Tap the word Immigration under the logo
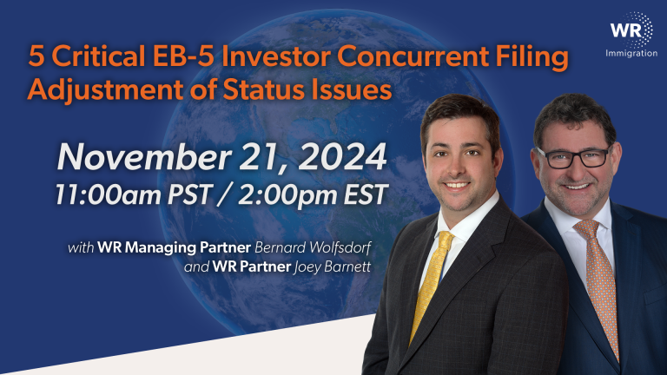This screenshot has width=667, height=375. point(631,54)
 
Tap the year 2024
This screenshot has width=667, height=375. point(346,157)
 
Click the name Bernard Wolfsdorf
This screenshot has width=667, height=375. point(313,247)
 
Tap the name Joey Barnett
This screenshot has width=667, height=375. point(332,266)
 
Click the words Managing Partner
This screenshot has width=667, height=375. point(188,247)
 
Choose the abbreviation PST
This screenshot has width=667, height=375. point(189,194)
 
